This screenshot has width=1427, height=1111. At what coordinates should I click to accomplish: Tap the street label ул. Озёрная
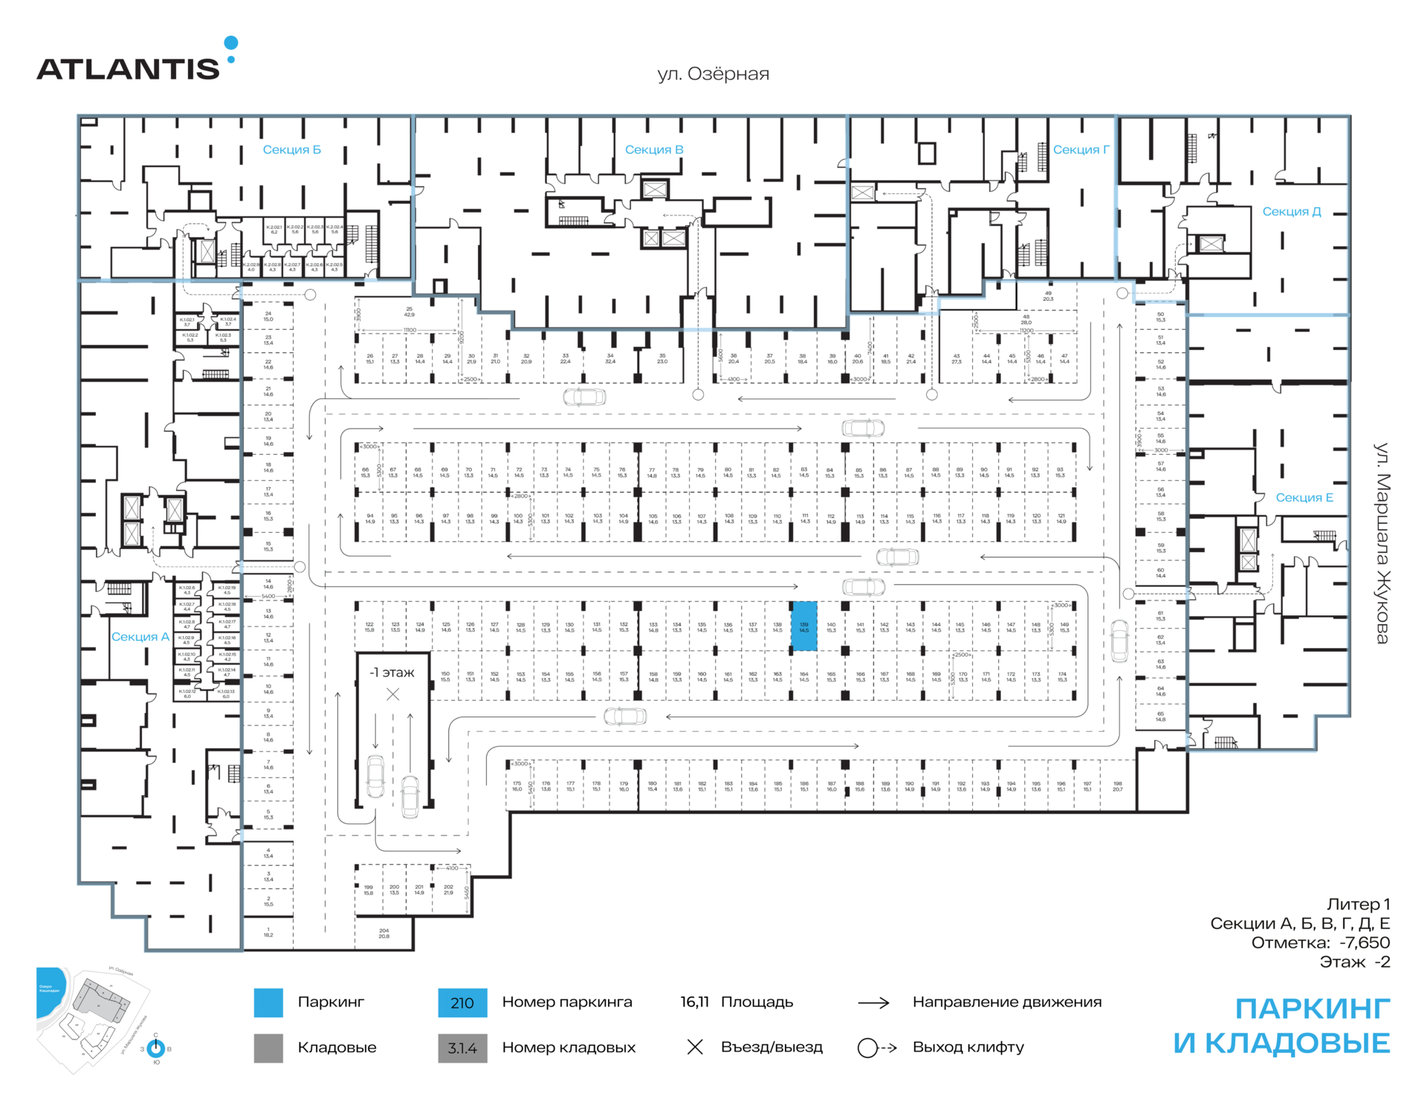click(713, 74)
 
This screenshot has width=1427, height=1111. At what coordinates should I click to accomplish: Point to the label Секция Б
click(291, 150)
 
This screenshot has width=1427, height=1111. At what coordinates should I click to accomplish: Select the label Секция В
click(653, 150)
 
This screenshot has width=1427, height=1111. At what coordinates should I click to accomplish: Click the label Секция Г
click(1081, 150)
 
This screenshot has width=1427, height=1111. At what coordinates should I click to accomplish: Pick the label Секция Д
click(1291, 212)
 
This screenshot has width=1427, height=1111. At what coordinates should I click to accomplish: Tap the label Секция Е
click(1304, 498)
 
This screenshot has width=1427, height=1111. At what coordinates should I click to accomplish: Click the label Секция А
click(140, 637)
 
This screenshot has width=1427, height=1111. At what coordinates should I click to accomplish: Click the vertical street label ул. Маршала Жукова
click(1381, 543)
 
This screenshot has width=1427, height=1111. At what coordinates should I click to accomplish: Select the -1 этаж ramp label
click(392, 673)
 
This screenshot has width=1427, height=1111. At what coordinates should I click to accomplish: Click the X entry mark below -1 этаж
click(392, 695)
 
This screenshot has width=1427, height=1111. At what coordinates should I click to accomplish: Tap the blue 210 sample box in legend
click(462, 1003)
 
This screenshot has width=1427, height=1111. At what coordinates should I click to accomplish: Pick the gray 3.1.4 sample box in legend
click(462, 1049)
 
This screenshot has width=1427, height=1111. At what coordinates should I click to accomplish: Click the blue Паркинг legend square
click(268, 1003)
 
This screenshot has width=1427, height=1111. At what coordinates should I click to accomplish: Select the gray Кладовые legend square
click(268, 1049)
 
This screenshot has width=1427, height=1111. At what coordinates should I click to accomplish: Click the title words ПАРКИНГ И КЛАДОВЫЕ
click(1281, 1026)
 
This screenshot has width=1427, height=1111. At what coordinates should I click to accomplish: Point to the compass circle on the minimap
click(155, 1049)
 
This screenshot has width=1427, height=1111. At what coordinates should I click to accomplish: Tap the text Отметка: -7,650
click(1320, 943)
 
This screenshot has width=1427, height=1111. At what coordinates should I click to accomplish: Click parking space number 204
click(384, 933)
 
